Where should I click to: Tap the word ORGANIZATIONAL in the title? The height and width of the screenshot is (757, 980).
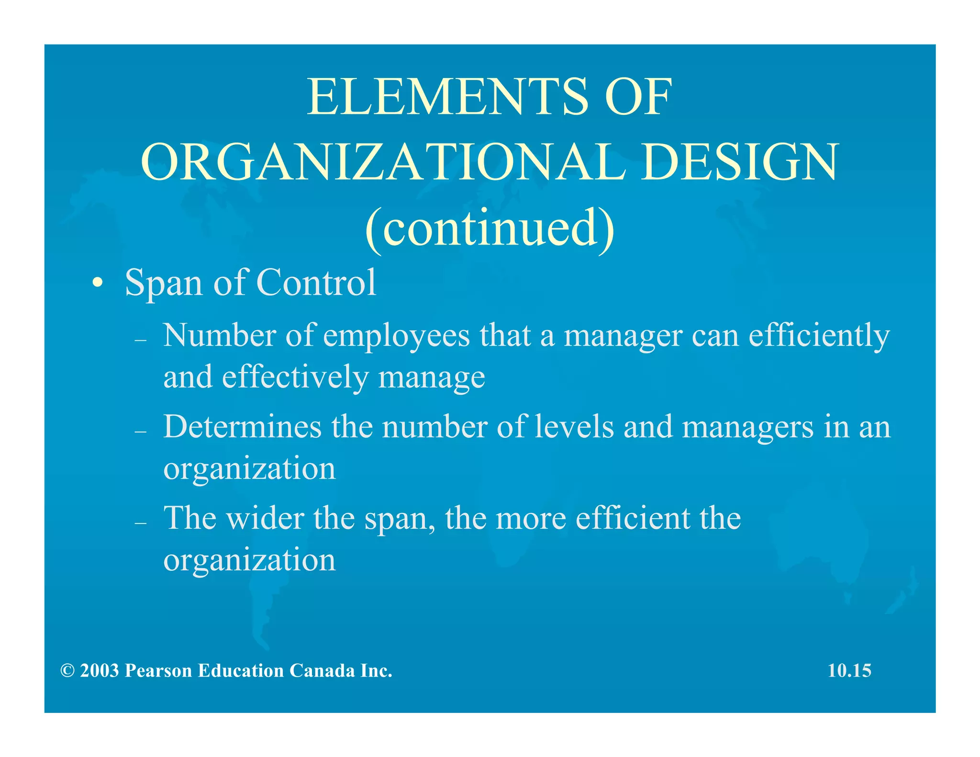point(383,162)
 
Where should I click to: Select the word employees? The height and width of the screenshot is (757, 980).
point(397,336)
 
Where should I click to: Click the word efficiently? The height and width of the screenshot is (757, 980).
point(819,336)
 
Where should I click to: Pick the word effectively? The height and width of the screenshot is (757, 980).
point(295,377)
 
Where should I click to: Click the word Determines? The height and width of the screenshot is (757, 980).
point(242,426)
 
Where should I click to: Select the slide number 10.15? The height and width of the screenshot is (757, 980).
point(849,670)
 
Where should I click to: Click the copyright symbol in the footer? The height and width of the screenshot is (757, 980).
point(67,671)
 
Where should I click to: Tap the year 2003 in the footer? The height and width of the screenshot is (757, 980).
point(100,671)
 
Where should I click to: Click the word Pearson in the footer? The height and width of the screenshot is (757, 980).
point(158,671)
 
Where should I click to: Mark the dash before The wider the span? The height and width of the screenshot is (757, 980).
point(140,523)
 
